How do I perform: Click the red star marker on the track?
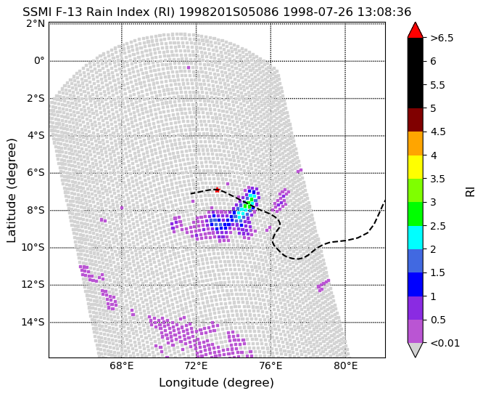click(217, 190)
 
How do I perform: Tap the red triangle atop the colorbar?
click(415, 31)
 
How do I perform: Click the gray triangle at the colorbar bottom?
click(415, 349)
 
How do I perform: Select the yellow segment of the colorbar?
click(415, 167)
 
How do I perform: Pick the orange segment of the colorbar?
click(415, 144)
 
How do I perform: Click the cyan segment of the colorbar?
click(415, 238)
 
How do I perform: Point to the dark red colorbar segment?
click(415, 120)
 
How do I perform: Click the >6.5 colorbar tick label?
click(442, 38)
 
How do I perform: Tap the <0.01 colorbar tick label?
click(445, 343)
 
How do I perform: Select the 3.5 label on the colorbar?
click(437, 179)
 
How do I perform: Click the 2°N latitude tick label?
click(36, 23)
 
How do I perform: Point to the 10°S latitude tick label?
click(33, 248)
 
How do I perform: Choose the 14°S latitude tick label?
click(33, 322)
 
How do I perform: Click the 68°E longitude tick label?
click(122, 366)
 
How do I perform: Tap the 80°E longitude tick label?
click(346, 366)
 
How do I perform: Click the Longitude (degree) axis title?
click(217, 383)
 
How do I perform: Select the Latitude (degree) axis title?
click(11, 190)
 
